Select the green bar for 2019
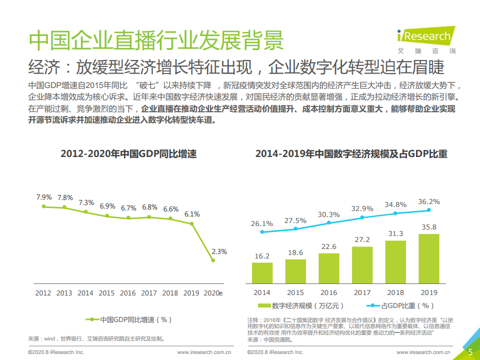click(x=428, y=259)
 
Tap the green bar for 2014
click(x=262, y=273)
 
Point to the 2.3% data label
click(x=219, y=251)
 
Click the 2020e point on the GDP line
click(x=213, y=260)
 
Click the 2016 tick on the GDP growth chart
click(x=128, y=293)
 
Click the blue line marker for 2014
click(x=262, y=232)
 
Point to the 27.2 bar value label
click(x=362, y=239)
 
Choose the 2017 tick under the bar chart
click(x=362, y=292)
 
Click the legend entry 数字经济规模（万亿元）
click(x=301, y=305)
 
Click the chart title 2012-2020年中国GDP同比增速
click(x=128, y=154)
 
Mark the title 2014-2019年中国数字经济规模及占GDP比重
click(x=351, y=154)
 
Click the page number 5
click(x=470, y=352)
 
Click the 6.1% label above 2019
click(x=192, y=214)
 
